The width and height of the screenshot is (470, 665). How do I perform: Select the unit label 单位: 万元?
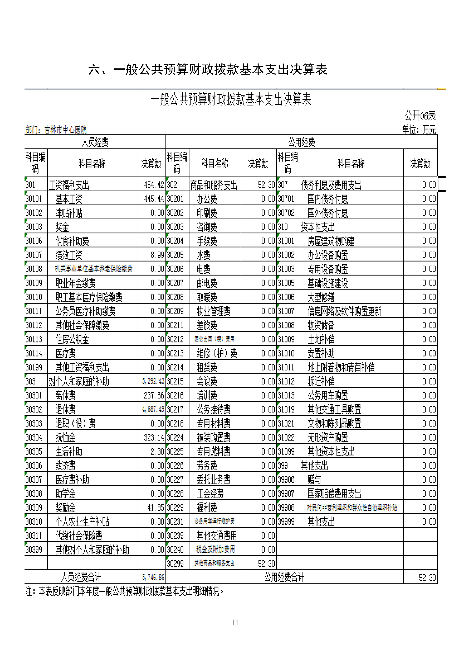(x=419, y=130)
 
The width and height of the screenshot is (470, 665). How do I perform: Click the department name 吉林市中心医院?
(x=65, y=130)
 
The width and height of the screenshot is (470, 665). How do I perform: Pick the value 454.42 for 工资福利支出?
(x=154, y=185)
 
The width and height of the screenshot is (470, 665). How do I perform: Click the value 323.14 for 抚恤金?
(x=154, y=437)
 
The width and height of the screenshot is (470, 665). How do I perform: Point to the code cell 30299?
(x=175, y=564)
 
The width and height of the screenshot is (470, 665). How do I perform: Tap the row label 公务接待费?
(x=214, y=409)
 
